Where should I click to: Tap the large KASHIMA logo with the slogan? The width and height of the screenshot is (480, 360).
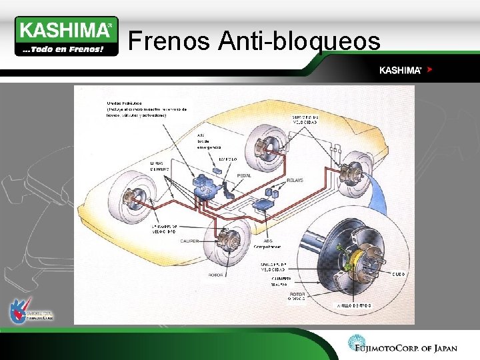66,36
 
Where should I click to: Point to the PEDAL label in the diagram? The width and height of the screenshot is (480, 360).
245,175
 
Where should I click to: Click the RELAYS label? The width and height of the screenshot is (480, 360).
295,180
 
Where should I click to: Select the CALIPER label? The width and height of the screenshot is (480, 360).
189,241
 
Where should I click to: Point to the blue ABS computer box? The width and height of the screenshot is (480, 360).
267,203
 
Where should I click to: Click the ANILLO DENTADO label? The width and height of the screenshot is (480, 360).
353,305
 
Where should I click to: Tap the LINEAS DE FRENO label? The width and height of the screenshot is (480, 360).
160,166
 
